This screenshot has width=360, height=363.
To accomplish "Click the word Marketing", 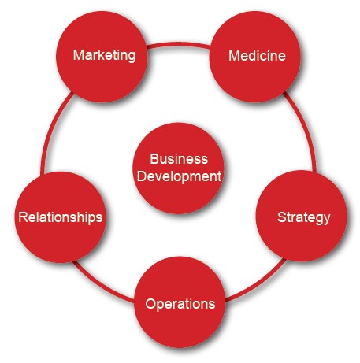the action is [x=104, y=56].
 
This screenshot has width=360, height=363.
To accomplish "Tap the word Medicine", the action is [x=257, y=56].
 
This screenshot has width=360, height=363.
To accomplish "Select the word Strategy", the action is [x=304, y=217].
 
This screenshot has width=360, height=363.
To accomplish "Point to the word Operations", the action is [x=180, y=304].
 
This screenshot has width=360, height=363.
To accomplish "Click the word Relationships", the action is [x=61, y=217].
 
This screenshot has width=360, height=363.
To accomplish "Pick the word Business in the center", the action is [x=179, y=159].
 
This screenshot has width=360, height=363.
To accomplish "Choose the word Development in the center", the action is [x=179, y=176].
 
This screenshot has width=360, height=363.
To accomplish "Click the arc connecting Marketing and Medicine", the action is [x=179, y=45].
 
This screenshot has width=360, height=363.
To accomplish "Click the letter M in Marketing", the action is [x=79, y=55].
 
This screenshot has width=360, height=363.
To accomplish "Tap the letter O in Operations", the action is [x=150, y=304].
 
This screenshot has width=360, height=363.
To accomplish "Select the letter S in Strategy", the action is [x=282, y=217].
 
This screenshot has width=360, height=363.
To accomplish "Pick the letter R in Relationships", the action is [x=23, y=217].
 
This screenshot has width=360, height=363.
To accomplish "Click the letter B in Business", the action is [x=154, y=159].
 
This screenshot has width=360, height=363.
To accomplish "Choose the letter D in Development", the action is [x=142, y=176].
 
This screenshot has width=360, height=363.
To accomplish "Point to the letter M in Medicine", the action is [x=234, y=56].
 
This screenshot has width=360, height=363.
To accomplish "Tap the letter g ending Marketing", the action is [x=132, y=57].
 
